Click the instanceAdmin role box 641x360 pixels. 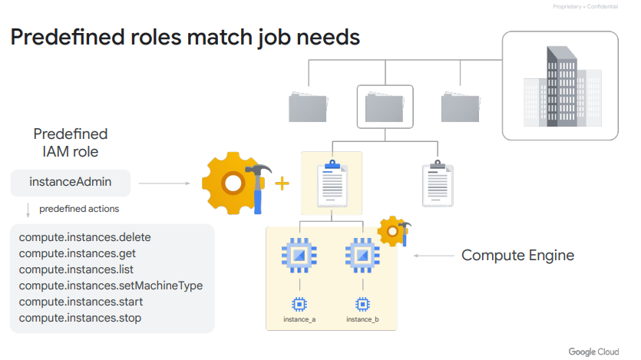click(71, 183)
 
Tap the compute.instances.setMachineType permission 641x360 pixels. click(111, 286)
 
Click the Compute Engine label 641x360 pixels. click(517, 256)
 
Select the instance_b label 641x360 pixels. click(363, 319)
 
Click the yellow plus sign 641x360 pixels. click(283, 183)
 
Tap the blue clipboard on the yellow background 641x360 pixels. click(331, 184)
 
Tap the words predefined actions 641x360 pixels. click(79, 208)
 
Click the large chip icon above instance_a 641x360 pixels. click(298, 255)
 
